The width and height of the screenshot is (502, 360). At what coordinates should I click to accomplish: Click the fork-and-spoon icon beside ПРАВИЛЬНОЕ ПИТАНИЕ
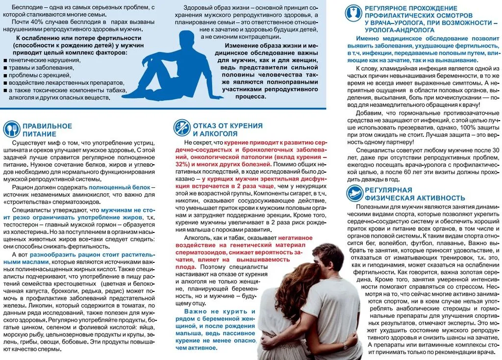pyautogui.click(x=11, y=129)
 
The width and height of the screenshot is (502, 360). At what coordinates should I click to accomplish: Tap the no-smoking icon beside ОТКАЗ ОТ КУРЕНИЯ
pyautogui.click(x=182, y=128)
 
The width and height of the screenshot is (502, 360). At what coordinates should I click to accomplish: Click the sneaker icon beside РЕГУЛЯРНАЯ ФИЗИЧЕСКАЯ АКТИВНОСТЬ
pyautogui.click(x=354, y=193)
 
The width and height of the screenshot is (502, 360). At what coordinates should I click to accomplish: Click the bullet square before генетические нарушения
pyautogui.click(x=5, y=60)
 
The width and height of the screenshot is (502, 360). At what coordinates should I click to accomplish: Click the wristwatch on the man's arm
pyautogui.click(x=346, y=346)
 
